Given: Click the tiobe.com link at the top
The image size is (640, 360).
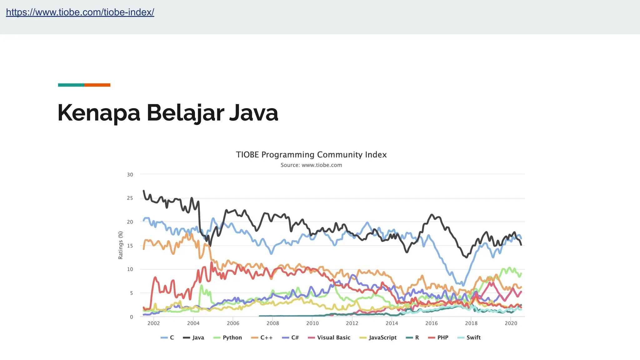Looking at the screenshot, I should [x=80, y=12].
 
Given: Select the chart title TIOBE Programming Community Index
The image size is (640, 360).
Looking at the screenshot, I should [x=311, y=155].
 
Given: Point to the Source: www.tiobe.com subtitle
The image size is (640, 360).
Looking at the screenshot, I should [x=311, y=165].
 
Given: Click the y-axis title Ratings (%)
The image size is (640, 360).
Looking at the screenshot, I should [x=121, y=245].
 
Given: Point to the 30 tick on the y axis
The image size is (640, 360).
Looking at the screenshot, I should [x=130, y=175].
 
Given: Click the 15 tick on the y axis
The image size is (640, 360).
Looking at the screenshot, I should [x=130, y=246].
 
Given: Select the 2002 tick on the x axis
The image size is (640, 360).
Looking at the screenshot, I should [x=153, y=323].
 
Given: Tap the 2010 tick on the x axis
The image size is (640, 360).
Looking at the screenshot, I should [x=312, y=323].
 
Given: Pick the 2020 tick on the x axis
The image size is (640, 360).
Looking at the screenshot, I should [x=511, y=323].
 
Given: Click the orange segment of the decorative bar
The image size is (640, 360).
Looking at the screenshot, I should [x=97, y=85].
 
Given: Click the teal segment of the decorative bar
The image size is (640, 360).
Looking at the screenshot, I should [x=71, y=85].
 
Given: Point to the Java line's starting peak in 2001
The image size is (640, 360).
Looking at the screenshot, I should [x=144, y=191].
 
